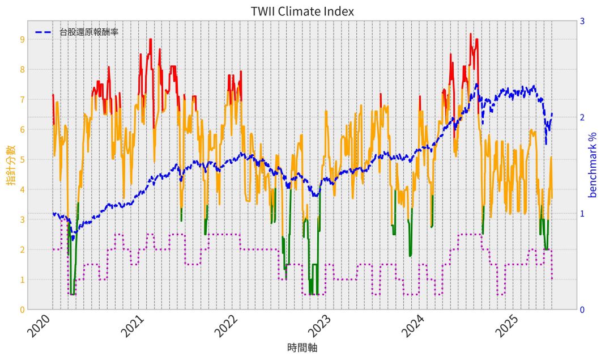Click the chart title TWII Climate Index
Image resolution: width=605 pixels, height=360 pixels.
[x=302, y=11]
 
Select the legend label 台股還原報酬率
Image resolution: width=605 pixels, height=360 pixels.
[x=88, y=32]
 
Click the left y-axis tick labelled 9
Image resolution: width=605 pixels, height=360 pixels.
[x=22, y=40]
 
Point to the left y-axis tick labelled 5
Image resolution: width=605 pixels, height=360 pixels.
[x=22, y=160]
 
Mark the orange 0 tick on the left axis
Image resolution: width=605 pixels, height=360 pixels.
[x=22, y=310]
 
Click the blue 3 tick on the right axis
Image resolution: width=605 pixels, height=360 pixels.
[x=582, y=22]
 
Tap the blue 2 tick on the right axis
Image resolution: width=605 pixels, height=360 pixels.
[x=582, y=117]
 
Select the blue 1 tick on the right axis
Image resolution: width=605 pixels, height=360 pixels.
[x=582, y=214]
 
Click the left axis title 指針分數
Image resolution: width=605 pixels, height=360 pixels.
[x=11, y=165]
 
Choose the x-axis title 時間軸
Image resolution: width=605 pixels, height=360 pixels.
[x=302, y=348]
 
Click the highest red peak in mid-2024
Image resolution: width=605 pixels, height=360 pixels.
[x=470, y=34]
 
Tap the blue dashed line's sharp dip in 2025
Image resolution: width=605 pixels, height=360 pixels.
[x=546, y=143]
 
